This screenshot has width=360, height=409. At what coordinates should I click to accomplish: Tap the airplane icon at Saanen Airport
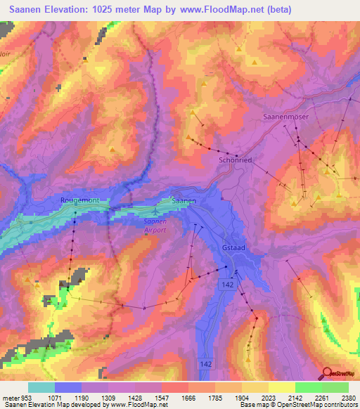click(155, 209)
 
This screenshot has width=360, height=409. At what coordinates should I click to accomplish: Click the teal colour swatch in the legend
click(41, 387)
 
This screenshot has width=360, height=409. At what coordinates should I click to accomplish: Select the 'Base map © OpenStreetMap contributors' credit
click(296, 405)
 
